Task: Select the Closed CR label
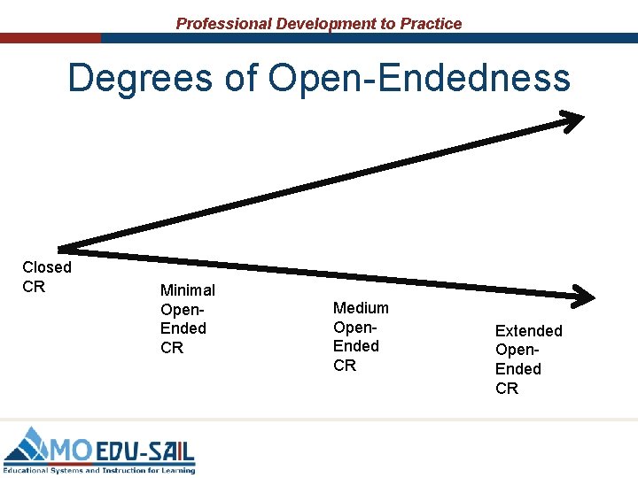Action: (x=46, y=277)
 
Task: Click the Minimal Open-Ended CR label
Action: (x=187, y=319)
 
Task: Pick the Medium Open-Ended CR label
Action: (x=361, y=336)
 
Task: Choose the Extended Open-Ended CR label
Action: (x=528, y=359)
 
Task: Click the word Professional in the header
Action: (x=223, y=24)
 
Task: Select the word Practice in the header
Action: (x=431, y=24)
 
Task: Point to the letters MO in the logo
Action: (x=72, y=451)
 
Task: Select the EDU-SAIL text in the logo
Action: (x=144, y=451)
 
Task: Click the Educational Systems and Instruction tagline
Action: (x=99, y=470)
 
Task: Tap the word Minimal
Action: (x=187, y=289)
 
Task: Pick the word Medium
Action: (x=361, y=308)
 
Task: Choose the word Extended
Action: (x=528, y=330)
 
